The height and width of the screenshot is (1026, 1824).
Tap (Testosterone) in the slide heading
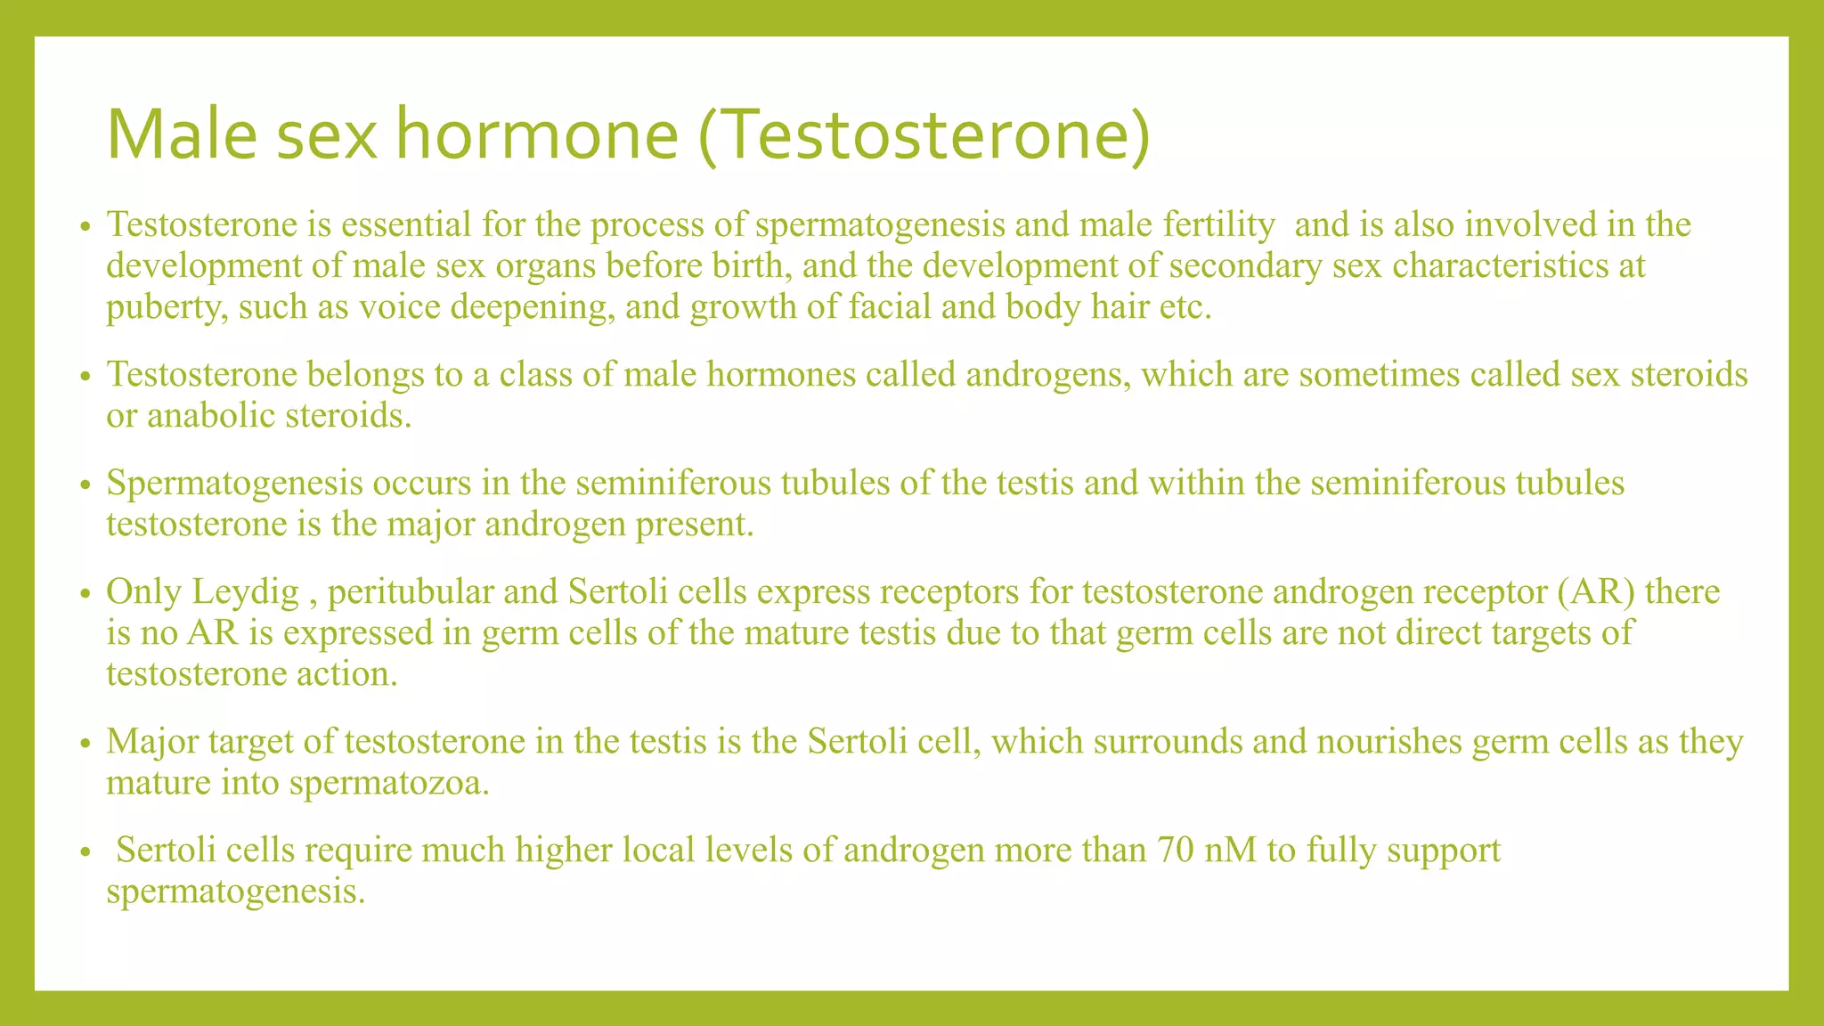[923, 135]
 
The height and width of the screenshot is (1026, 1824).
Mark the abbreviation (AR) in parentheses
[1599, 592]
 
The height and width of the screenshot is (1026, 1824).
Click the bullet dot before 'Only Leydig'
[85, 594]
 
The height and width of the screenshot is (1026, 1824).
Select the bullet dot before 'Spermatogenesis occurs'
[85, 485]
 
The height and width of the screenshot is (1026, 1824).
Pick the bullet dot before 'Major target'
[85, 744]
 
